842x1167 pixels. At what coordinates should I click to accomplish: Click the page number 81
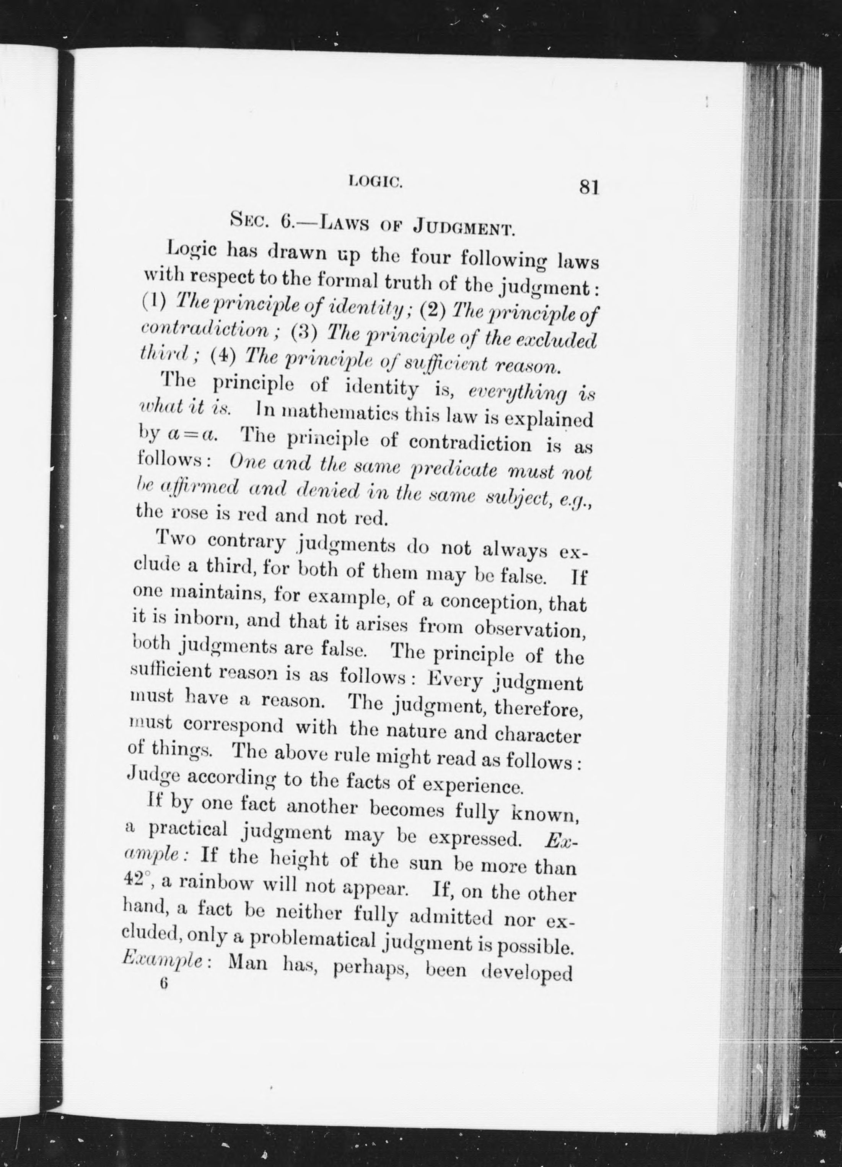point(589,186)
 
